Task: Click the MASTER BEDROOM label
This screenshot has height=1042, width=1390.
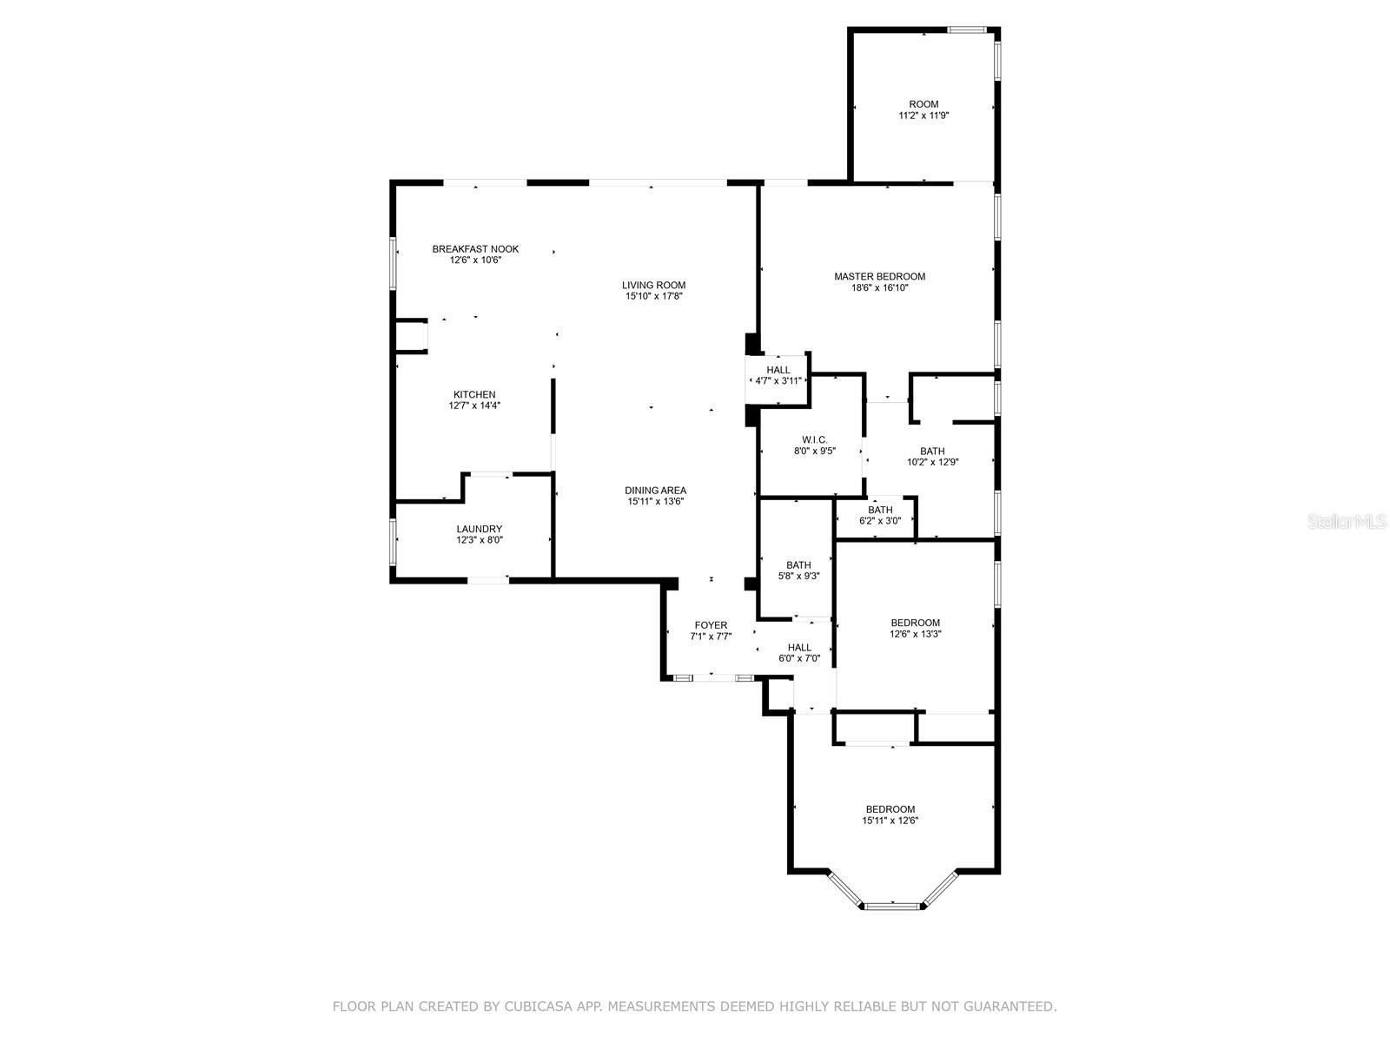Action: point(879,276)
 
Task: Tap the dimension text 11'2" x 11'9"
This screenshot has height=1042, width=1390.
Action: point(923,115)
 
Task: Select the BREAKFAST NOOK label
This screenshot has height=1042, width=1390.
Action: point(475,249)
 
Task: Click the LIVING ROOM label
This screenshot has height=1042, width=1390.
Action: point(653,285)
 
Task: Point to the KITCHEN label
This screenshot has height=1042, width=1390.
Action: point(474,394)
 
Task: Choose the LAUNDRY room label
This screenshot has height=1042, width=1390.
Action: point(480,529)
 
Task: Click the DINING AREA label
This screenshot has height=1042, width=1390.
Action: point(656,491)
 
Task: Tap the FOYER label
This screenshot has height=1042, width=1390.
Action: point(711,625)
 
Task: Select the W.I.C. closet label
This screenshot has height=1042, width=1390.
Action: point(815,440)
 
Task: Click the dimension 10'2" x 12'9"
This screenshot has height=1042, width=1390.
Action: point(932,462)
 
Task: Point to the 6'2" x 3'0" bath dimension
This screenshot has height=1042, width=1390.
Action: point(880,521)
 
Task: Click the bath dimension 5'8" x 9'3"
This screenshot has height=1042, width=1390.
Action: point(798,576)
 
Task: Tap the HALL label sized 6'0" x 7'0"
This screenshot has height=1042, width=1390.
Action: point(799,647)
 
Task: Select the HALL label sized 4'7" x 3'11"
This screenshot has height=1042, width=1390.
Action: point(778,370)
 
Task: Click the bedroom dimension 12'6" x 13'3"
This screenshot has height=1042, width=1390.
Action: point(916,634)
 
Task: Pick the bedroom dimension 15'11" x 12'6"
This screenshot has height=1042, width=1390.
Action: point(890,821)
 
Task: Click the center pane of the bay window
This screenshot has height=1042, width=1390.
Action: point(892,907)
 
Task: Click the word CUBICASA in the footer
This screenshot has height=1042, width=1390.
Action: point(543,1006)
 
